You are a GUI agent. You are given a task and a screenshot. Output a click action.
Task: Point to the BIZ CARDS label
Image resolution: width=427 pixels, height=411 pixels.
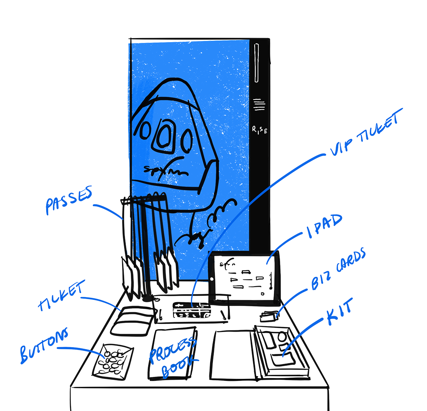coord(339,269)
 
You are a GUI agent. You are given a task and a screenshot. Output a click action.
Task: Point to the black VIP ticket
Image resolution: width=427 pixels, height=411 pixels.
coord(193,311)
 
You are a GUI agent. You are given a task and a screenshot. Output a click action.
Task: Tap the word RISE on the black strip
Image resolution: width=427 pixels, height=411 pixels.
coord(259,130)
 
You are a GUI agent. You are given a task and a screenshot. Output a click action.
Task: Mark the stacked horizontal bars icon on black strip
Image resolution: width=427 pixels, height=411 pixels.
coord(259,106)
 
